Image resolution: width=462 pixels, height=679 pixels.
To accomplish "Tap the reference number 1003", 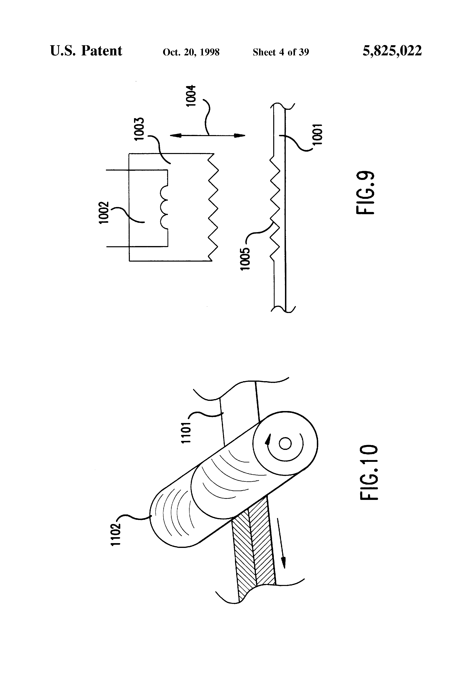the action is pyautogui.click(x=140, y=129).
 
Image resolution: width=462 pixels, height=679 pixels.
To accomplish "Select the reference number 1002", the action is pyautogui.click(x=104, y=212).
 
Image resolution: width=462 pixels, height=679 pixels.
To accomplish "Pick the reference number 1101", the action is pyautogui.click(x=186, y=432).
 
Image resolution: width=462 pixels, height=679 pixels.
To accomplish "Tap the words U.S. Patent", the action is pyautogui.click(x=86, y=51).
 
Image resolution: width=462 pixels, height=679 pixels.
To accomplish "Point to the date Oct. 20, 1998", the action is pyautogui.click(x=191, y=52).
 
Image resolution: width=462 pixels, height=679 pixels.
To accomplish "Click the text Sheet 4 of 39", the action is pyautogui.click(x=281, y=52).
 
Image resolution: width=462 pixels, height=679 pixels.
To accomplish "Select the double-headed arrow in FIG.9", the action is pyautogui.click(x=207, y=135).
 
